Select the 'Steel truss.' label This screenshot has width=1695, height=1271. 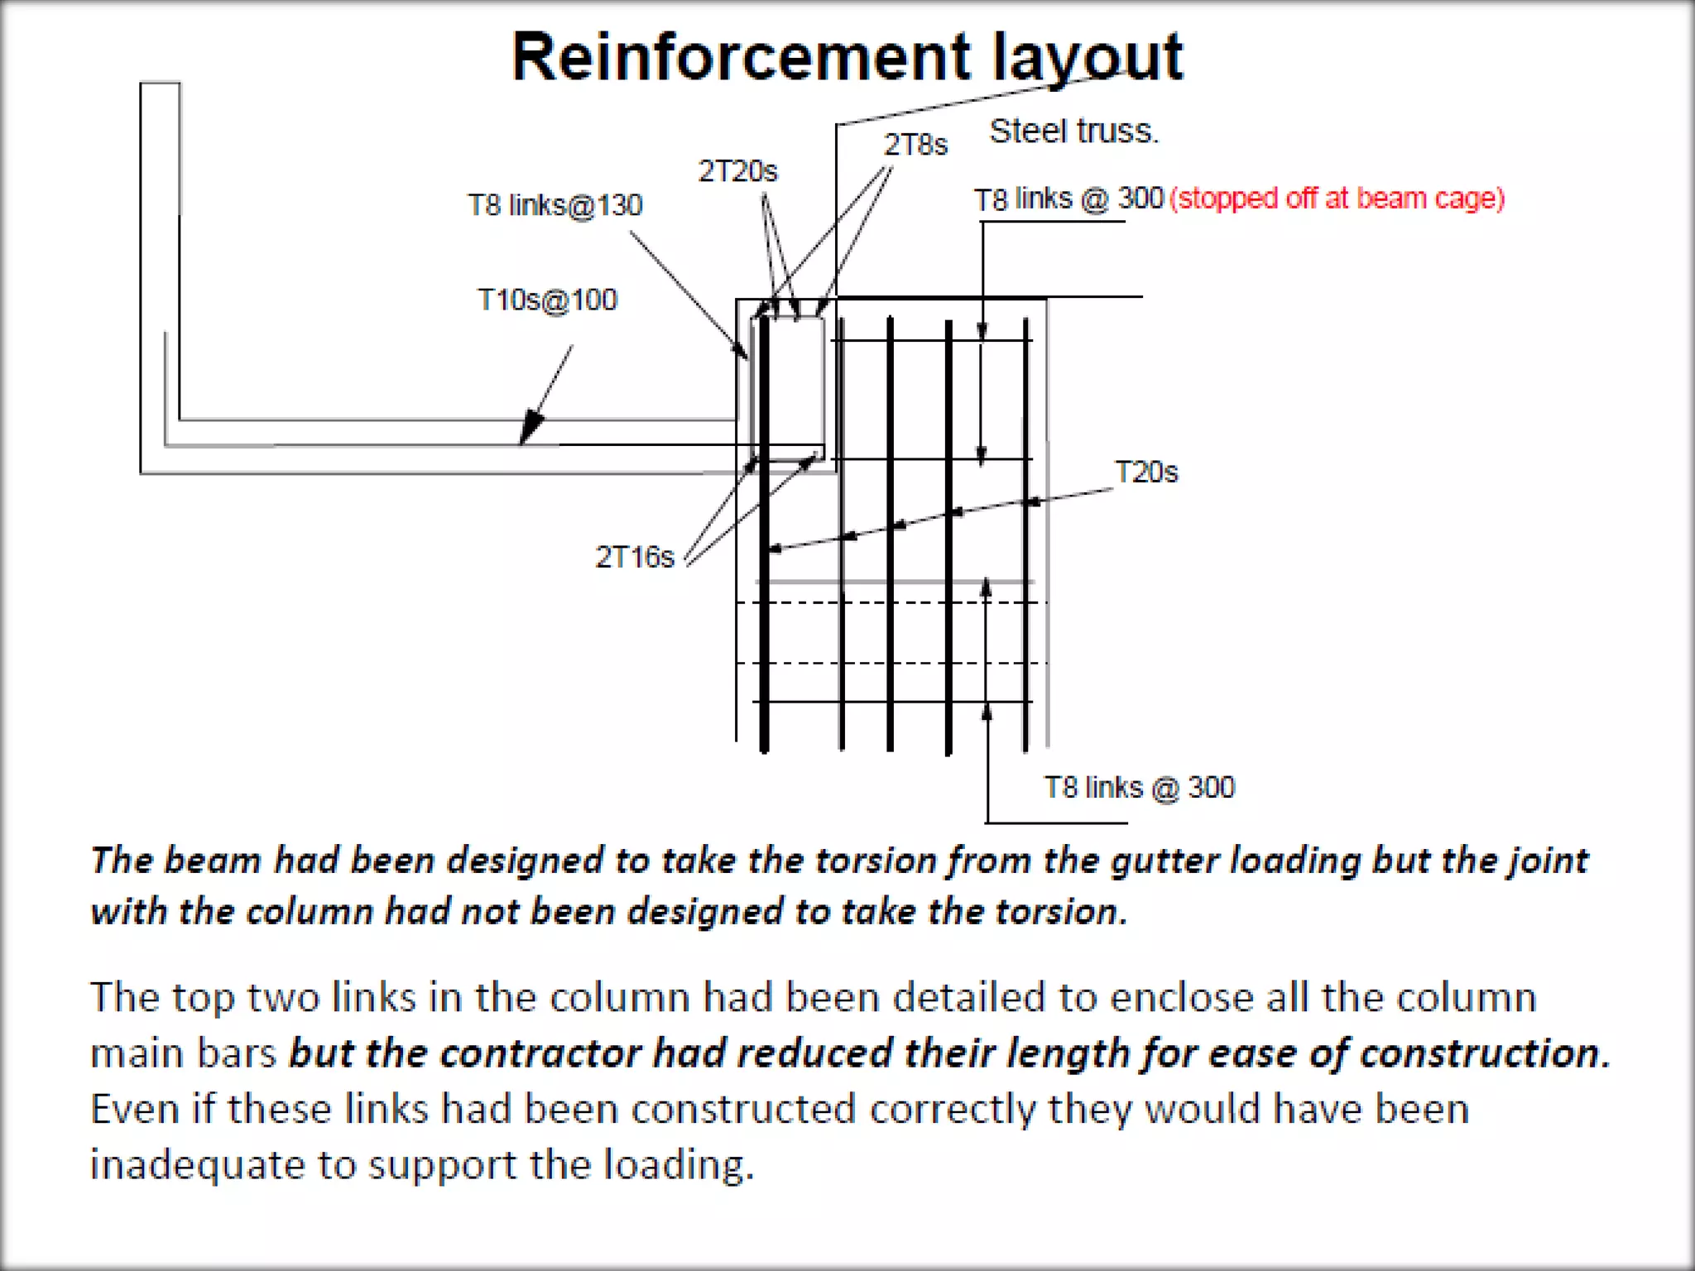[1073, 132]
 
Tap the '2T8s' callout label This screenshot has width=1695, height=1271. [915, 145]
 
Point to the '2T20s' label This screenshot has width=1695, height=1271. [737, 171]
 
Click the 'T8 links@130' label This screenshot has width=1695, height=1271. [555, 204]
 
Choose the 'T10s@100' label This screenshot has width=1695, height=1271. [547, 300]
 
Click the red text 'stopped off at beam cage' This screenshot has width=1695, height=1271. [1337, 199]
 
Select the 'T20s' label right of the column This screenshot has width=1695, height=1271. [1145, 472]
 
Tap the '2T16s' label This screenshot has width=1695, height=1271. [635, 557]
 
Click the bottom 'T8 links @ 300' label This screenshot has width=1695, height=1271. [1139, 787]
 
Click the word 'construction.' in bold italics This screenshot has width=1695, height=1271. [1485, 1053]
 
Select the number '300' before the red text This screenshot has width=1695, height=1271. [1141, 199]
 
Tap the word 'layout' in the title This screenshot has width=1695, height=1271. [1088, 58]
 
